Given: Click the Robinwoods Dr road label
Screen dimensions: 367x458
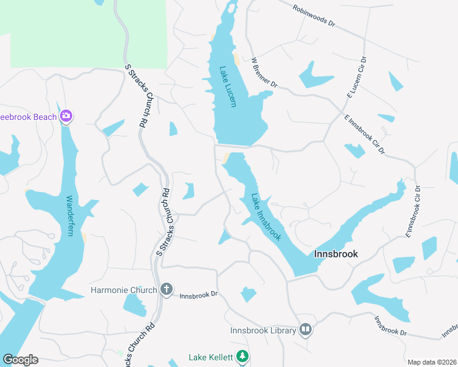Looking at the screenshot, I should point(314,17).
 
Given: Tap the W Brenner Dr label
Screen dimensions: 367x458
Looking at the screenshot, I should point(264,73).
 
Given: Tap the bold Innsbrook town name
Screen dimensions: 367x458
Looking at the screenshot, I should point(336,253).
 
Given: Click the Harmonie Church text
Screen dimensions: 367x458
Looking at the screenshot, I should point(124,289).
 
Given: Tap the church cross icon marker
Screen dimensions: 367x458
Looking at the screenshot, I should point(166,289).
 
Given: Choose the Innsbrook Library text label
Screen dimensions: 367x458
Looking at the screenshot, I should point(263,330).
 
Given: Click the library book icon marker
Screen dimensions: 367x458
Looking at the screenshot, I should point(306,330).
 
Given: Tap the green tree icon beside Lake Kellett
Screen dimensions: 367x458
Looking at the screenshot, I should point(243,356).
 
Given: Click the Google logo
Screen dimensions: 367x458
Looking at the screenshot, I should point(20,360).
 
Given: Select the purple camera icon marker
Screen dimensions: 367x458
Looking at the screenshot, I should point(66,116).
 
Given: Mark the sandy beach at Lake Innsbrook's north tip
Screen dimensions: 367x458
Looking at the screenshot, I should point(227,158).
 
